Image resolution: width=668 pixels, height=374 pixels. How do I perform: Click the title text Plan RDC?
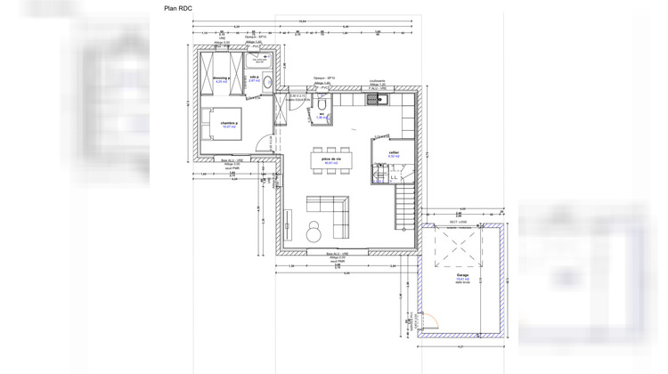(x=179, y=8)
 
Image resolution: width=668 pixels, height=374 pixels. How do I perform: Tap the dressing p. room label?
(x=222, y=78)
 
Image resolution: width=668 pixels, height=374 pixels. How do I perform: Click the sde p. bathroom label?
(x=256, y=78)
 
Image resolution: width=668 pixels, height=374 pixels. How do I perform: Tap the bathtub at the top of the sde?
(x=262, y=60)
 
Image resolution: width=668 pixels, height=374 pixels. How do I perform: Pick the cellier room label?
(x=393, y=152)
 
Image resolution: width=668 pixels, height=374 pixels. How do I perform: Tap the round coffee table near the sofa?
(x=314, y=234)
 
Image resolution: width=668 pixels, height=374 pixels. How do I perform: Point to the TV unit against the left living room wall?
(x=290, y=223)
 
